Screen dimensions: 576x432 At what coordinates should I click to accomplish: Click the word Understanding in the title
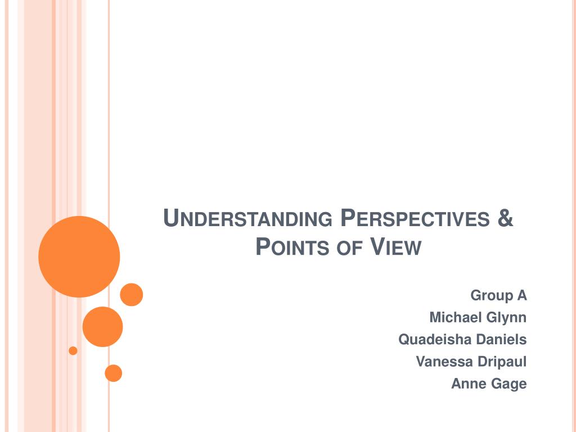click(247, 218)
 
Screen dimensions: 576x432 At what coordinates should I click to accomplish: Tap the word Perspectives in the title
click(415, 218)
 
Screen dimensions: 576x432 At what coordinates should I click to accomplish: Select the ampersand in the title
click(506, 218)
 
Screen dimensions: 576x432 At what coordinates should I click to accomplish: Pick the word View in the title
click(395, 246)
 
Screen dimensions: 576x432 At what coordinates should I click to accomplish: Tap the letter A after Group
click(522, 295)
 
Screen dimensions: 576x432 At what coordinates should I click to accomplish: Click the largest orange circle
click(79, 256)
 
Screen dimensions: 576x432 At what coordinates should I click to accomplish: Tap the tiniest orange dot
click(73, 351)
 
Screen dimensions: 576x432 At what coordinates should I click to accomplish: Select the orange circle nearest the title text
click(132, 295)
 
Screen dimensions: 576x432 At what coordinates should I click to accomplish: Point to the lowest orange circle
click(114, 373)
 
